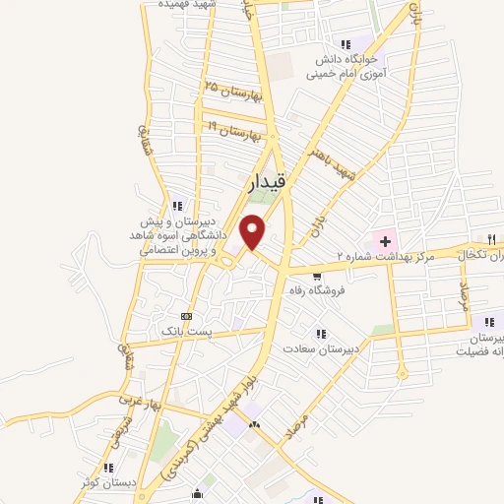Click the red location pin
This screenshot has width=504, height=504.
coord(254,230)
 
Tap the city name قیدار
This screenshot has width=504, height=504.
coord(266,183)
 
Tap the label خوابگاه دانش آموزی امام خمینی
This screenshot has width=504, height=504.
coord(344,65)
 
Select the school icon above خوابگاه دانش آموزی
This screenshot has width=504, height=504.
coord(345,43)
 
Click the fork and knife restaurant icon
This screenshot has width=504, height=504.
coord(489,239)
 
